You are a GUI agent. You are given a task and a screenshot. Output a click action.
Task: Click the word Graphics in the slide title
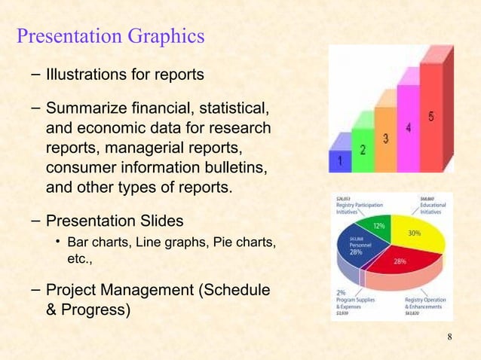[162, 35]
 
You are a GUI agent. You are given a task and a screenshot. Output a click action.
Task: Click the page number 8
[449, 336]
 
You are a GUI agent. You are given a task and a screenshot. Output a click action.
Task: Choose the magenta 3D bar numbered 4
[408, 124]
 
